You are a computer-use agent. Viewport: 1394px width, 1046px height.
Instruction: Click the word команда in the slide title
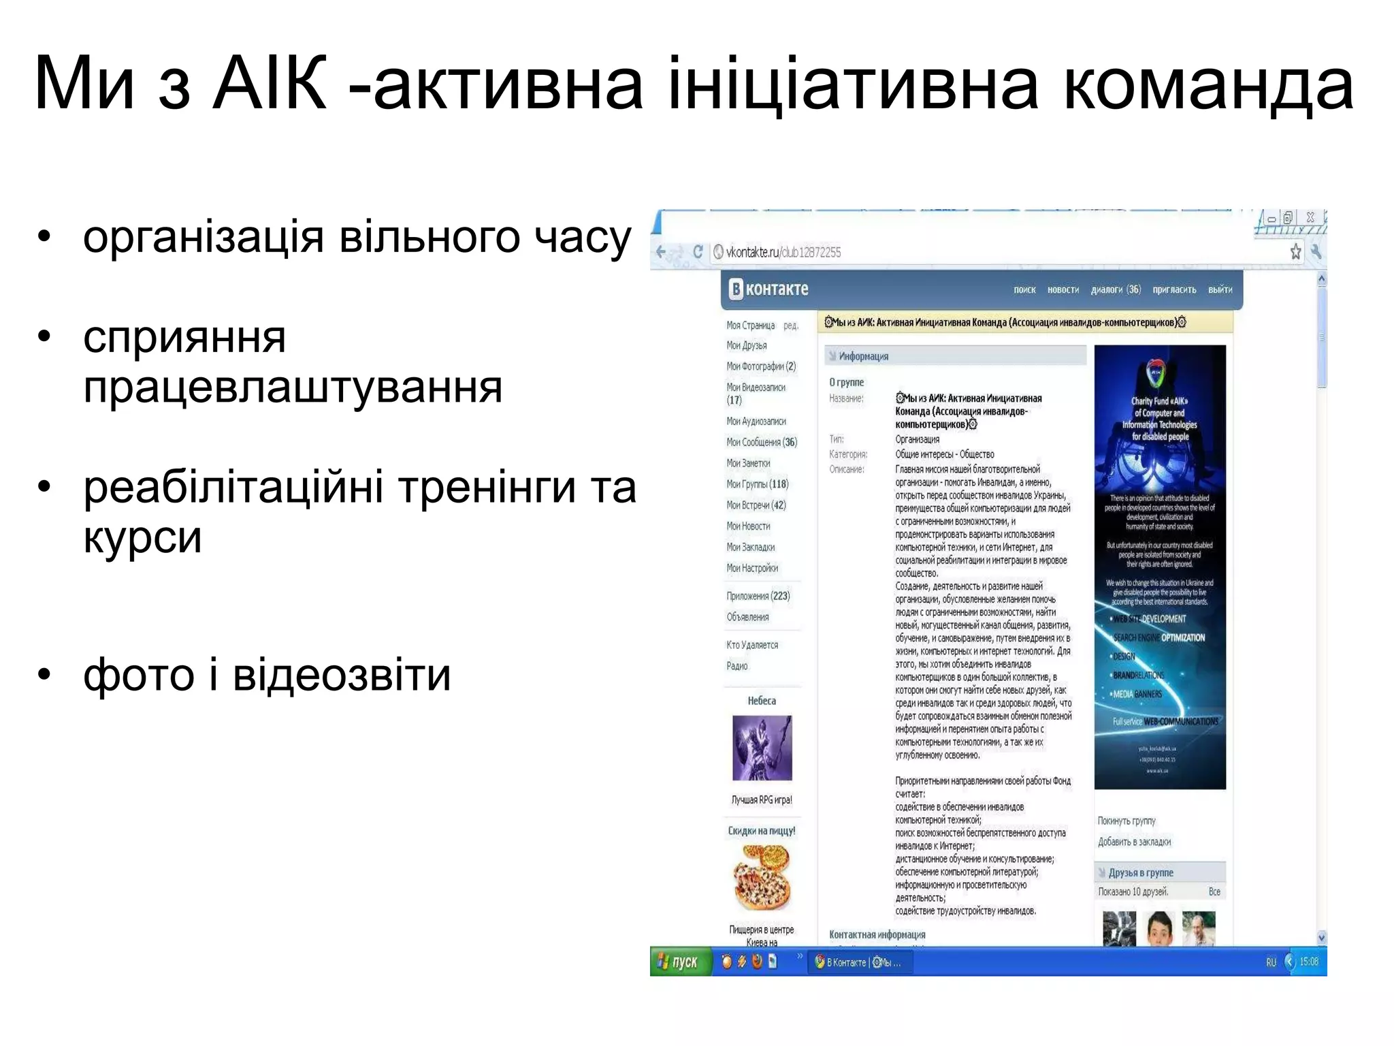tap(1208, 85)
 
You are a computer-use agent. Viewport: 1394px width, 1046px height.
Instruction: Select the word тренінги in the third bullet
tap(487, 487)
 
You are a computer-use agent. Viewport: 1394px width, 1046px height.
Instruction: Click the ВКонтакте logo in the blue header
tap(768, 289)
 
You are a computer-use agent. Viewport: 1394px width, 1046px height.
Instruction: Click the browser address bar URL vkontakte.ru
tap(783, 252)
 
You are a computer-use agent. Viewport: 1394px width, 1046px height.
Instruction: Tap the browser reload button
tap(698, 252)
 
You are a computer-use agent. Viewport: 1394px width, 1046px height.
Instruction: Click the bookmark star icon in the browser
tap(1296, 252)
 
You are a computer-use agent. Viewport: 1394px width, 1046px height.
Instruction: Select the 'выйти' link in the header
tap(1220, 289)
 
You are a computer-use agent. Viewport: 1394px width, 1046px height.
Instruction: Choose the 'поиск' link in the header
tap(1024, 289)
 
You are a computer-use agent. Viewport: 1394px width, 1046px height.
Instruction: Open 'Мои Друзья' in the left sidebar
tap(747, 345)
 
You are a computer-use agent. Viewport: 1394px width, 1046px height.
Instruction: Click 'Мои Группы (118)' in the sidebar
tap(757, 484)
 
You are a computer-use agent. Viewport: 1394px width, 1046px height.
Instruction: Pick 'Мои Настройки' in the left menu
tap(752, 568)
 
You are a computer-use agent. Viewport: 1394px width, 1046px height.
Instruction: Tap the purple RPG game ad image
tap(762, 748)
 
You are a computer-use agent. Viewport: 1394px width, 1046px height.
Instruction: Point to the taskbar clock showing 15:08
tap(1308, 962)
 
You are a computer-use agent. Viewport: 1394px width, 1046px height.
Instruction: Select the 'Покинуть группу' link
tap(1126, 821)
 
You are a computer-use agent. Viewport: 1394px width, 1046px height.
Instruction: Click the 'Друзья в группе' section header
tap(1141, 872)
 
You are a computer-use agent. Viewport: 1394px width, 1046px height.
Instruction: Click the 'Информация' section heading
tap(864, 356)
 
